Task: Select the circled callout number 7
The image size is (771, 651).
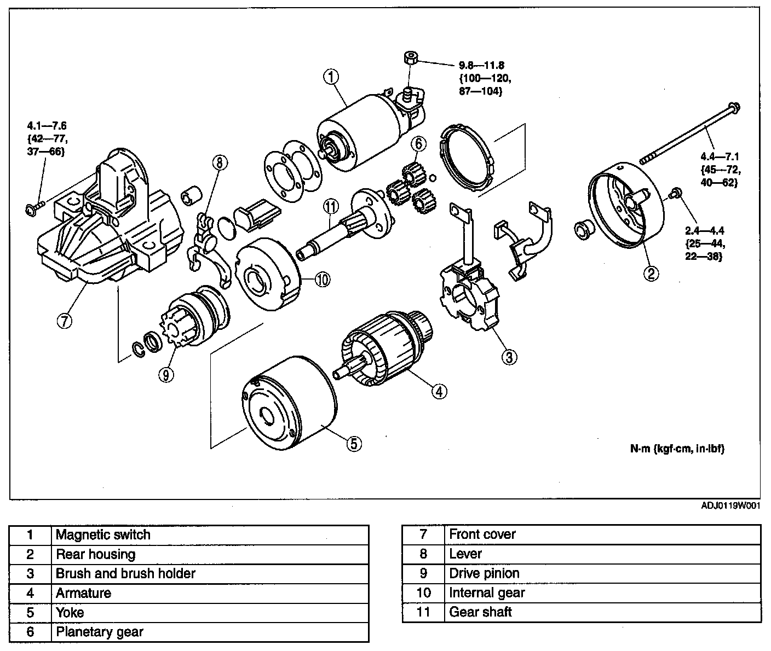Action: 64,321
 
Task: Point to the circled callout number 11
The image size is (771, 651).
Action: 331,206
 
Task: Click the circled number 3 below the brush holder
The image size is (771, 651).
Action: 509,357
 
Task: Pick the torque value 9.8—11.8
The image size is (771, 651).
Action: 481,65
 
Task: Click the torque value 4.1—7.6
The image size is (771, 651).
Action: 47,124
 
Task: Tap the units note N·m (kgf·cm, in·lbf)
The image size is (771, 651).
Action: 677,449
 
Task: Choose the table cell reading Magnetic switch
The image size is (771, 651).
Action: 103,534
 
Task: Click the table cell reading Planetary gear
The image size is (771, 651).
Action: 99,632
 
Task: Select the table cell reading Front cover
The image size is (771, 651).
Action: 482,534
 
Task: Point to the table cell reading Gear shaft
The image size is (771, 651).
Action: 480,612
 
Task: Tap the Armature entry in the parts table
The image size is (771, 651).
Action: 83,593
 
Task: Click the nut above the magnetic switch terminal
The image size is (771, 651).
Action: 410,57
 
